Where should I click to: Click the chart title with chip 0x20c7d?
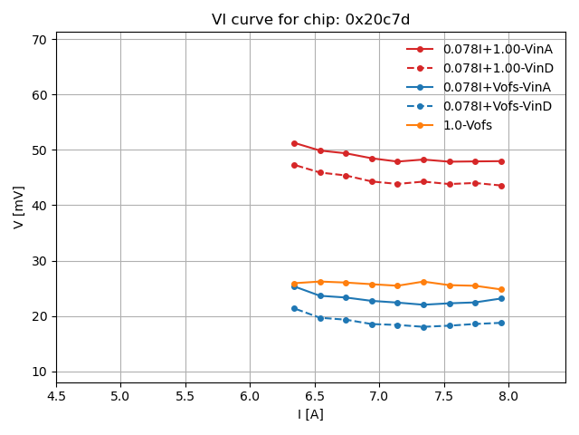310,19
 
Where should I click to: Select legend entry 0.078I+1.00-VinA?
498,49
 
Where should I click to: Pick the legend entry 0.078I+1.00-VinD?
498,68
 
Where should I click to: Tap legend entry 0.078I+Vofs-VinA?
497,87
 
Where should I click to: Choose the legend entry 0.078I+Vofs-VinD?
498,106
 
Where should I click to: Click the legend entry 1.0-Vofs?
467,125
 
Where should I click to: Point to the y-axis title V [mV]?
19,207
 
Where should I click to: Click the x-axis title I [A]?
310,414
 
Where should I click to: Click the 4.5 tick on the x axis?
56,396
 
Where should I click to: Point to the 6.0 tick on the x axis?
250,396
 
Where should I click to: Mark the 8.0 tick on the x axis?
508,396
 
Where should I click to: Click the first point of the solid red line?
294,143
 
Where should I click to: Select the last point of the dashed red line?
501,186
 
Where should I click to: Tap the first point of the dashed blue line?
294,308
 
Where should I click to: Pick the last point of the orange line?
501,290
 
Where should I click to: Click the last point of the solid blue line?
501,298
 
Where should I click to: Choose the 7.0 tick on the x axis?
379,396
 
